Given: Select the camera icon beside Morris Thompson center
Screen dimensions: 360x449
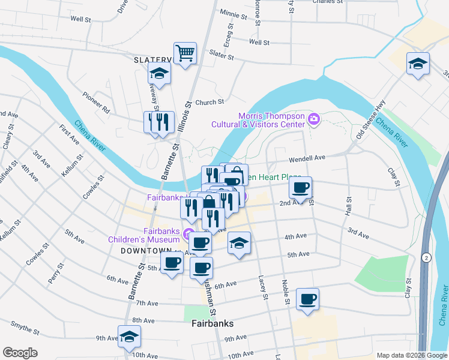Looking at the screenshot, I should point(314,120).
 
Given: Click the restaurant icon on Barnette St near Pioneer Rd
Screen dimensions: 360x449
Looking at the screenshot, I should point(158,122).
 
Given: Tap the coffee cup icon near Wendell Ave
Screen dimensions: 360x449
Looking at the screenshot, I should point(301,187).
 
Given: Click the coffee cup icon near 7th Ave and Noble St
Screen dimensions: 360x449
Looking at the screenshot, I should point(307,299).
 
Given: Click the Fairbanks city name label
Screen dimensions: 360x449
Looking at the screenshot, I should point(212,323).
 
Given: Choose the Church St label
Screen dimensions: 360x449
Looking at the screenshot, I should point(209,102).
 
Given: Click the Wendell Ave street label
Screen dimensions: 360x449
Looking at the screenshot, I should point(307,158).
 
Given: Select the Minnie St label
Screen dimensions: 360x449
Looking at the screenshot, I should point(234,13).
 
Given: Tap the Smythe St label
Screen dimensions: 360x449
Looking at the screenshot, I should point(25,327).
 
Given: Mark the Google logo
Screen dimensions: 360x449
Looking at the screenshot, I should point(20,353).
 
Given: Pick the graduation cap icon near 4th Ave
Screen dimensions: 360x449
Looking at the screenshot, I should point(239,243).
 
